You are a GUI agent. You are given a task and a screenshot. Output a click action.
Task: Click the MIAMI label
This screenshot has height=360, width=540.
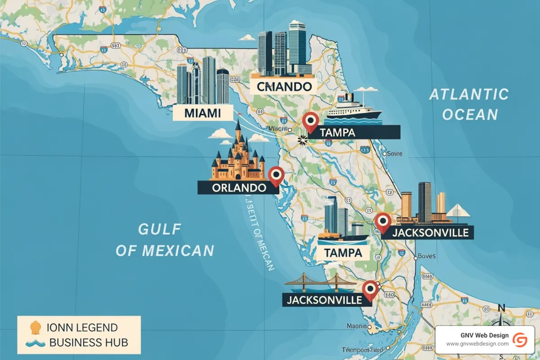[x=203, y=113]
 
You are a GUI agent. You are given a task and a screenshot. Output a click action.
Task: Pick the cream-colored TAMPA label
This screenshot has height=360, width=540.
[x=343, y=252]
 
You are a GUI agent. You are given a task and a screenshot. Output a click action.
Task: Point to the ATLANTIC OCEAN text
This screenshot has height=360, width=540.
[x=469, y=104]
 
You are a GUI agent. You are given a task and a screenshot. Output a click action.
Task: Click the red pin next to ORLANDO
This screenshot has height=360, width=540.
[x=275, y=175]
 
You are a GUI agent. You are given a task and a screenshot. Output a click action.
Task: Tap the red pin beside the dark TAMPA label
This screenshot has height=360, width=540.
[x=310, y=121]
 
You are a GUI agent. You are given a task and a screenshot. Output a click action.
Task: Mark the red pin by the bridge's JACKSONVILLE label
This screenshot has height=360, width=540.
[x=370, y=289]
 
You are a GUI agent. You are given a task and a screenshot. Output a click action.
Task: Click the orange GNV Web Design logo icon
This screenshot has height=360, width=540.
[x=520, y=339]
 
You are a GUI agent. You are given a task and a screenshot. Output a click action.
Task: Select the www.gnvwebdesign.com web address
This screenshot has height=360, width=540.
[x=477, y=344]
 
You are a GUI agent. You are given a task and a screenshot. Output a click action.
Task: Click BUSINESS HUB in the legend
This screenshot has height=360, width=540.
[x=88, y=342]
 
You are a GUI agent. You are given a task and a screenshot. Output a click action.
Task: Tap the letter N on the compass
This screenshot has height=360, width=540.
[x=502, y=308]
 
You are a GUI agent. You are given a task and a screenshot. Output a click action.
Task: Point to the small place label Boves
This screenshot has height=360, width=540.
[x=427, y=256]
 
